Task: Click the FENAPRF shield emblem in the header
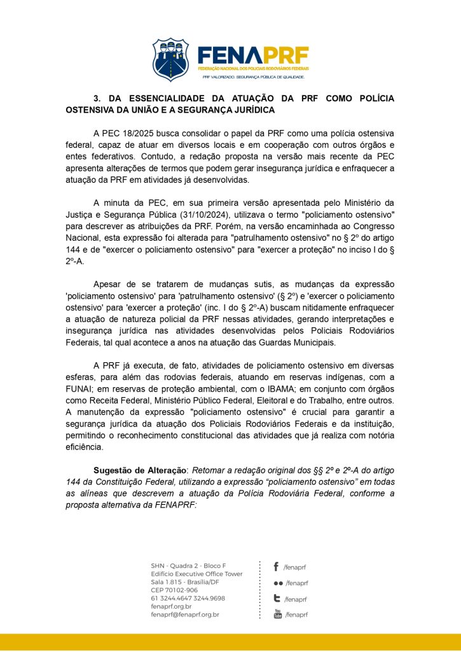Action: pos(170,59)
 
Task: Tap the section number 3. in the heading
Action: pos(98,99)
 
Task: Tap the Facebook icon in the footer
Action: pos(277,566)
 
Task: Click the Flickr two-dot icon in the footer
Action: pos(278,583)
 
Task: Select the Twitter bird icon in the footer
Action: pos(277,599)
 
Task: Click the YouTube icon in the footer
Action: pos(277,614)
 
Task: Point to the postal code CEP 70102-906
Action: pos(174,590)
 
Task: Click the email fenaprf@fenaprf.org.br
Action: pos(185,614)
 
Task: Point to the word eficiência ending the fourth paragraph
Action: pos(86,447)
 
